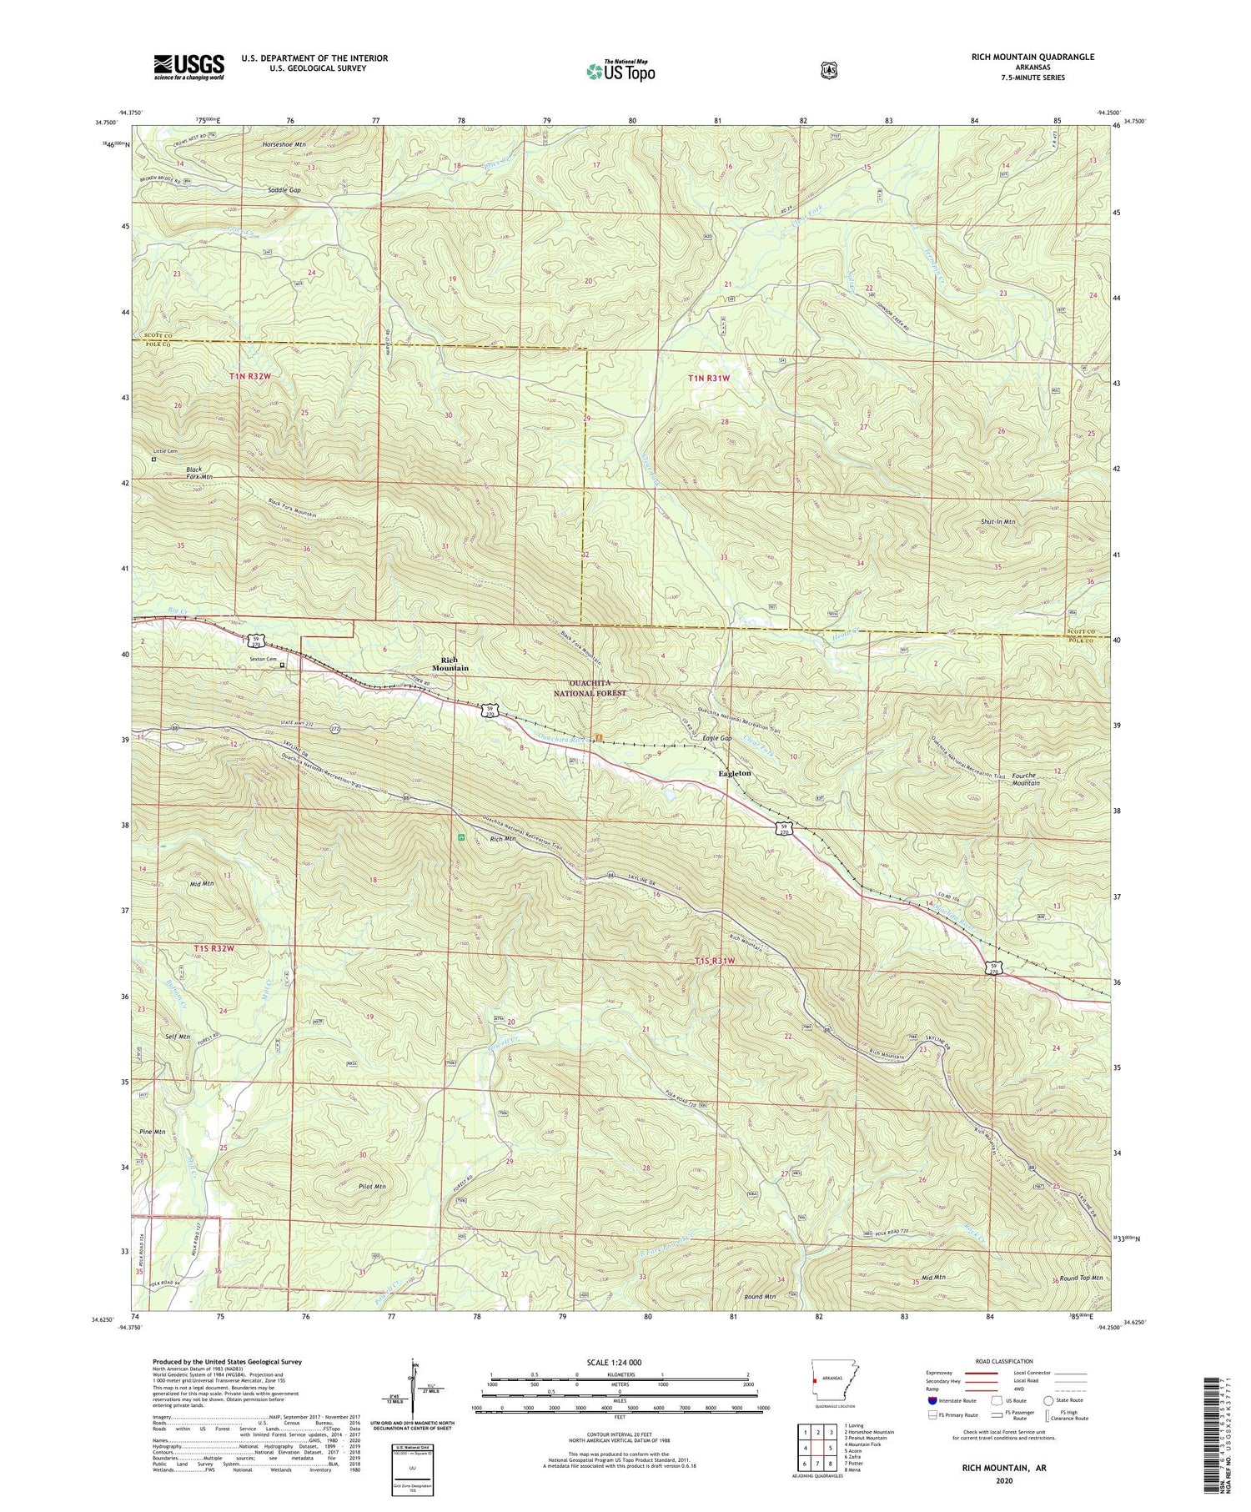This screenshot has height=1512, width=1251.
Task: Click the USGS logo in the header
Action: point(188,66)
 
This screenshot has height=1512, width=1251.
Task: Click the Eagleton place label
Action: point(735,773)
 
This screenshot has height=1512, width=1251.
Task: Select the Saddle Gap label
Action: point(284,190)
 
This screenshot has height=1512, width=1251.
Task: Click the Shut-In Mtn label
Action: point(997,521)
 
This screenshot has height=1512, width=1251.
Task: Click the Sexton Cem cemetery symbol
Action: point(282,665)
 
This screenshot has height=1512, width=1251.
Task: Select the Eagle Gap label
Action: point(716,739)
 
